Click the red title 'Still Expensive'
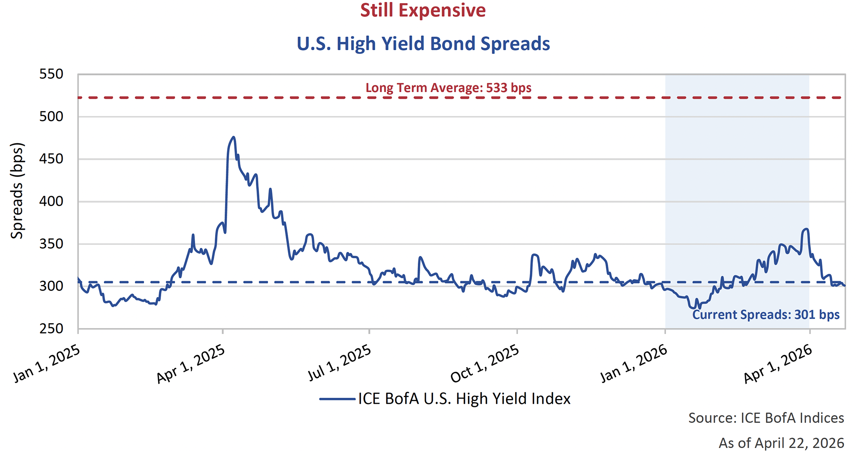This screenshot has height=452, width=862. [423, 10]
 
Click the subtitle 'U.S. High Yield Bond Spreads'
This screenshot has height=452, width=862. [423, 44]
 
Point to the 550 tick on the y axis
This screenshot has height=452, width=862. [51, 74]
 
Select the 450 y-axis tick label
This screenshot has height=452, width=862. [51, 159]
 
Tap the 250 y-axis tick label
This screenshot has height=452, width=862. [51, 329]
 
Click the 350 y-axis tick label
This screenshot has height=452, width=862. [51, 244]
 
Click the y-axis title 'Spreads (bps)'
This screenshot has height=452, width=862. [17, 191]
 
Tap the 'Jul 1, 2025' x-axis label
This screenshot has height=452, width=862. [339, 363]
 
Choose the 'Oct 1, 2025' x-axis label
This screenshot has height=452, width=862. [484, 364]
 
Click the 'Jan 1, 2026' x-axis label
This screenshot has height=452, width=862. [634, 364]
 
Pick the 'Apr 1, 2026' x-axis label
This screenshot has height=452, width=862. [777, 364]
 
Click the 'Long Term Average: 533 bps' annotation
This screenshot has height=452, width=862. [448, 88]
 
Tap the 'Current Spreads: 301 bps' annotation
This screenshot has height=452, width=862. [765, 314]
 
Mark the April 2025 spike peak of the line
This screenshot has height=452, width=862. [233, 137]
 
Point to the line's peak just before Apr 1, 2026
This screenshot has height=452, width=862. [807, 229]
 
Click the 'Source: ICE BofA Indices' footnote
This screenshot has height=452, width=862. [766, 418]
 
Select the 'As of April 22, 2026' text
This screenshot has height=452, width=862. [781, 443]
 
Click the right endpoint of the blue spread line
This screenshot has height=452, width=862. [844, 285]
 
